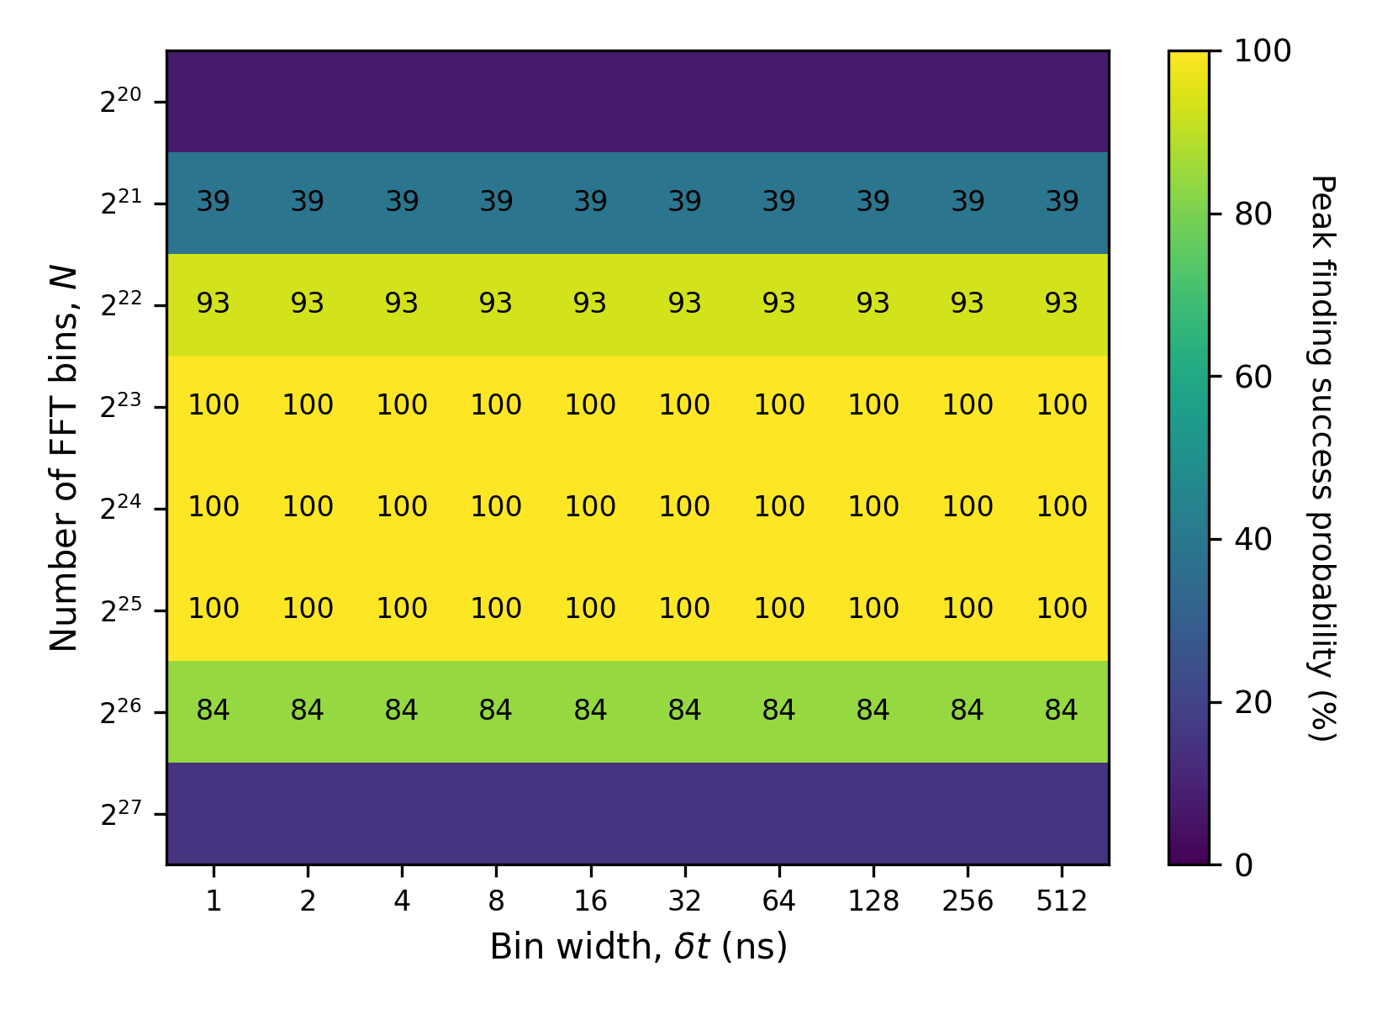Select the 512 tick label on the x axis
click(1062, 901)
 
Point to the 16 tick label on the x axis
click(590, 901)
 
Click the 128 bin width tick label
click(873, 901)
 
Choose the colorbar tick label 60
click(1253, 377)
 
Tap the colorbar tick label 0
click(1243, 865)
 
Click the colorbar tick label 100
click(1262, 51)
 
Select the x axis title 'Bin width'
click(639, 947)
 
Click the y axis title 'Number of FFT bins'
click(64, 459)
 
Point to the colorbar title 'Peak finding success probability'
click(1321, 458)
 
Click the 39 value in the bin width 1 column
click(214, 202)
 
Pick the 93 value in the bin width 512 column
click(1062, 303)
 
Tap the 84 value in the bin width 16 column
click(590, 711)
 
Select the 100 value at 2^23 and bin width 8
click(496, 405)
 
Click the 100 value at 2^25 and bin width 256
click(968, 608)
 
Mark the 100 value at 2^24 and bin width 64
click(779, 507)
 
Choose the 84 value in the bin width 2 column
click(308, 711)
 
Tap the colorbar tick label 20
click(1253, 702)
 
